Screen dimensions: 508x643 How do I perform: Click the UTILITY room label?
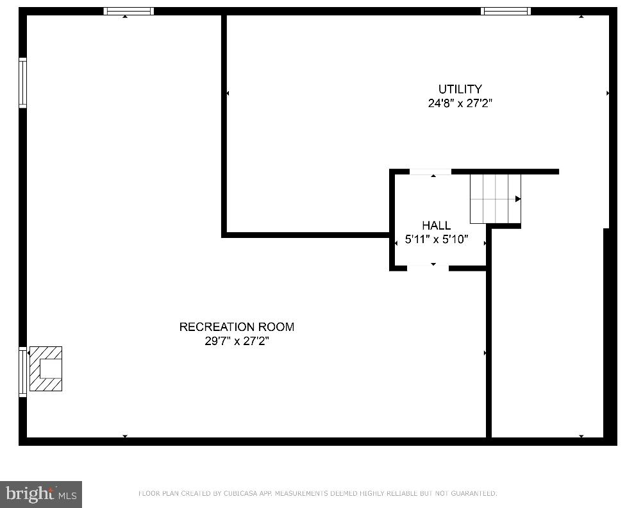tap(460, 89)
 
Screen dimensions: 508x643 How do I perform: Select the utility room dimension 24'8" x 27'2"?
tap(460, 103)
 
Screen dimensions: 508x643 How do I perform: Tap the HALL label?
tap(436, 226)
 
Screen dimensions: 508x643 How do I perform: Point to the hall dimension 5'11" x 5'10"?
tap(437, 241)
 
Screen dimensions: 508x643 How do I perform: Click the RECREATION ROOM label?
tap(237, 327)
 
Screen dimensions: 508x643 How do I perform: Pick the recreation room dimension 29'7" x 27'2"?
tap(237, 341)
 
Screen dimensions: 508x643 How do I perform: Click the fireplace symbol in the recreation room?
tap(46, 369)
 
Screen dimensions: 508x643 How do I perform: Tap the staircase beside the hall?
tap(495, 198)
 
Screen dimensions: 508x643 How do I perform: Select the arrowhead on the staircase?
tap(517, 199)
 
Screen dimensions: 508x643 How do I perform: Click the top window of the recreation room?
tap(129, 11)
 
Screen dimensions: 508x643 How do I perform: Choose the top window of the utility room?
tap(506, 11)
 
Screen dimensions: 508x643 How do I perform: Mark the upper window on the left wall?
tap(23, 83)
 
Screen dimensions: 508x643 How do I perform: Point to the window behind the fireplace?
tap(23, 371)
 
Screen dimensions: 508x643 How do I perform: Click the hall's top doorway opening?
tap(430, 172)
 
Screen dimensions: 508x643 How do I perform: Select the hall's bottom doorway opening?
tap(428, 267)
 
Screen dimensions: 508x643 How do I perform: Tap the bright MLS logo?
tap(41, 495)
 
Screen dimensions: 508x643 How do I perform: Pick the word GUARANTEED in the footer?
tap(472, 493)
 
